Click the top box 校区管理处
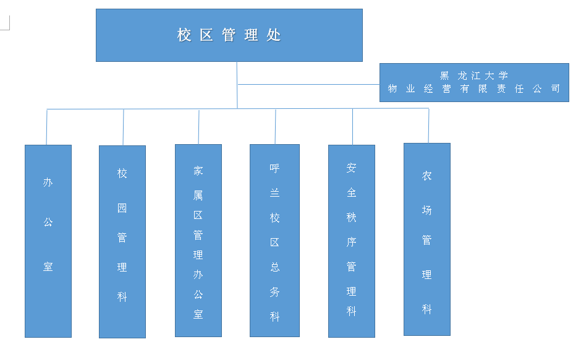(229, 35)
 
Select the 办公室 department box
(48, 241)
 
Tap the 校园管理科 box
(122, 241)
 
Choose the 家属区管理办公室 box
(198, 241)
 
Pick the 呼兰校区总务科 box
(274, 241)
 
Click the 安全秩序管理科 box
(351, 241)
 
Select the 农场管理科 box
(426, 239)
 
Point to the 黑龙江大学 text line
(474, 75)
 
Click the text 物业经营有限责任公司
(474, 88)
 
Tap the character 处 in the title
(274, 35)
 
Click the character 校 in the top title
(184, 35)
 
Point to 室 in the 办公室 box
(48, 267)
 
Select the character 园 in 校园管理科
(122, 208)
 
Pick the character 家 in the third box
(198, 171)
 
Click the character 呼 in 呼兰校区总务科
(275, 168)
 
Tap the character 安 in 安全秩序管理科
(352, 168)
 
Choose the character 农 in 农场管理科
(427, 176)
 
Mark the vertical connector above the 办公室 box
(47, 127)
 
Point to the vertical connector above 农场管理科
(428, 126)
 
